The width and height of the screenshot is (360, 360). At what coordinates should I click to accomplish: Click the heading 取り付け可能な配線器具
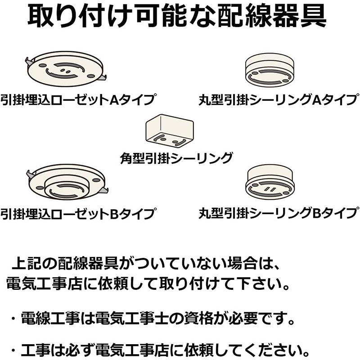pyautogui.click(x=177, y=16)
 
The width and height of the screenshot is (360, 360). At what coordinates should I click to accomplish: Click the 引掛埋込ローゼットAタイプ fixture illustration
pyautogui.click(x=66, y=69)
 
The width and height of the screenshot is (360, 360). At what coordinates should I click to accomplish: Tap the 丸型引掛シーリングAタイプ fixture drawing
pyautogui.click(x=270, y=70)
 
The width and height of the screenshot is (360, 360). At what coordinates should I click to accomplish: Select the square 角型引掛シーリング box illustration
pyautogui.click(x=170, y=131)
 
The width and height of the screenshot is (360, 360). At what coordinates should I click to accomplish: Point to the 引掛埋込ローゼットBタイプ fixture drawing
pyautogui.click(x=67, y=181)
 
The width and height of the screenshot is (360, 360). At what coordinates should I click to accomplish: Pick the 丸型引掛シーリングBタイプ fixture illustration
pyautogui.click(x=270, y=182)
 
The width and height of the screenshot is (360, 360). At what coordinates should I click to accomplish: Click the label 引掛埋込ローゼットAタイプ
pyautogui.click(x=78, y=99)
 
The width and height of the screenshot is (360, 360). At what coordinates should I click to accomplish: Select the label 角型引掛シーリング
pyautogui.click(x=176, y=158)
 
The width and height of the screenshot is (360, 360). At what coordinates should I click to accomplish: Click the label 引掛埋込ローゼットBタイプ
pyautogui.click(x=78, y=213)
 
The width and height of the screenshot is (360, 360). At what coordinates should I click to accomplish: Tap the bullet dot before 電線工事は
pyautogui.click(x=13, y=319)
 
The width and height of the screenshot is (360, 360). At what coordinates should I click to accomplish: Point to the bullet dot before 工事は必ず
pyautogui.click(x=13, y=351)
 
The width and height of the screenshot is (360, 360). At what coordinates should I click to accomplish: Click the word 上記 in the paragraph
pyautogui.click(x=27, y=264)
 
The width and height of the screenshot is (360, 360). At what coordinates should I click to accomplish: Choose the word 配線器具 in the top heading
pyautogui.click(x=272, y=16)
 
